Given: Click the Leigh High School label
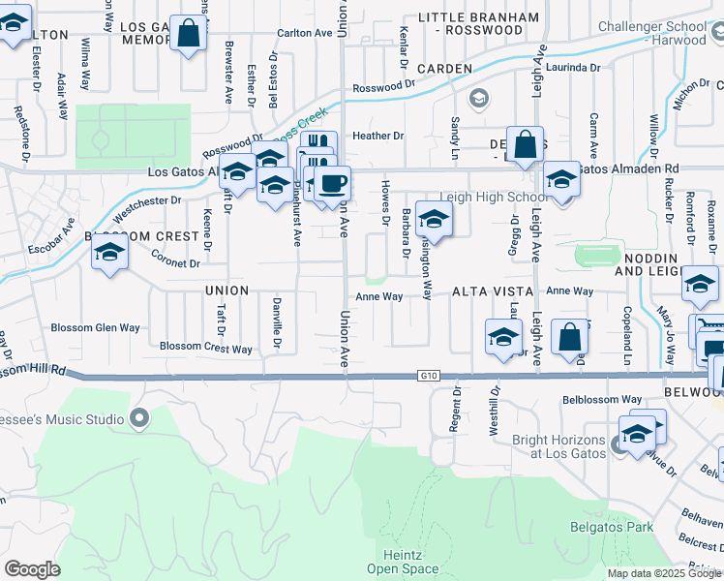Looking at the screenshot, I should pyautogui.click(x=499, y=198).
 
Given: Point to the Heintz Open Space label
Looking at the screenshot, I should pyautogui.click(x=394, y=561).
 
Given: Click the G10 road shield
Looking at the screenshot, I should pyautogui.click(x=431, y=375).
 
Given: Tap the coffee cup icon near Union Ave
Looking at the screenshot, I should pyautogui.click(x=332, y=183).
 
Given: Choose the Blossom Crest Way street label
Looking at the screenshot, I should pyautogui.click(x=206, y=348).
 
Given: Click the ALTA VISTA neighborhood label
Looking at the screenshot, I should pyautogui.click(x=493, y=291).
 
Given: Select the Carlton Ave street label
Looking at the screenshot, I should pyautogui.click(x=304, y=32).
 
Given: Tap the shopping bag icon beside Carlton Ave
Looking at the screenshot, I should pyautogui.click(x=188, y=34).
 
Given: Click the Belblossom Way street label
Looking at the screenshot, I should pyautogui.click(x=602, y=399).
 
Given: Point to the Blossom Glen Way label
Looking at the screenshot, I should pyautogui.click(x=96, y=327).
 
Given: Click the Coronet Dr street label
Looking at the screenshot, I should pyautogui.click(x=175, y=260).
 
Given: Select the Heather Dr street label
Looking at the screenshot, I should pyautogui.click(x=377, y=137).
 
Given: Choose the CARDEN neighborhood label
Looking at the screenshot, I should pyautogui.click(x=444, y=69).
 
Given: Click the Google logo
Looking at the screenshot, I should pyautogui.click(x=32, y=569).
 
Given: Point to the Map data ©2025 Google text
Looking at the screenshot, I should pyautogui.click(x=664, y=573).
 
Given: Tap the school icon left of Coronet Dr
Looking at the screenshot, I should pyautogui.click(x=110, y=254).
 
